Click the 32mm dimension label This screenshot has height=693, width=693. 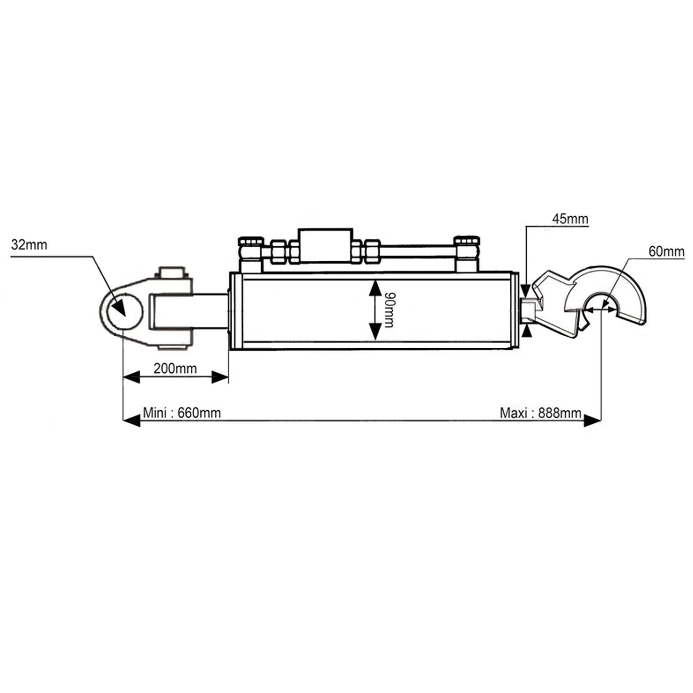pos(29,245)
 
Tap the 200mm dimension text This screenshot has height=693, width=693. pos(175,369)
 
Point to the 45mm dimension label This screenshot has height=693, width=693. pos(570,219)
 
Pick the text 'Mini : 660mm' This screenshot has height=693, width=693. pos(182,413)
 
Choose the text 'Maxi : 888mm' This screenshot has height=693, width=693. pos(540,413)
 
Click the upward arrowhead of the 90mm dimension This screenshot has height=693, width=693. pos(375,288)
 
